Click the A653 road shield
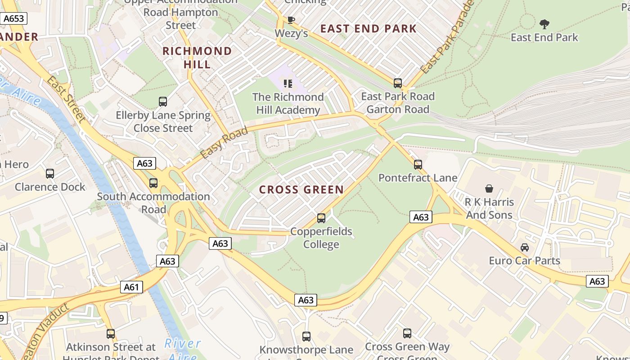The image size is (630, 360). [13, 18]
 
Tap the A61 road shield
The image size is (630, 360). [131, 287]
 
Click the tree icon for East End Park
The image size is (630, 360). [544, 24]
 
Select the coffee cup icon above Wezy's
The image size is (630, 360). [291, 20]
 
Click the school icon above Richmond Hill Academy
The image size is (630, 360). [288, 83]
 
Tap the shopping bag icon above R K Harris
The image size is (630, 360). [489, 189]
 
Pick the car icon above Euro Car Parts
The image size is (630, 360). [525, 247]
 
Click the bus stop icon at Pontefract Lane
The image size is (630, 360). [418, 165]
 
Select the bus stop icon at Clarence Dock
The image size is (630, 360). [50, 174]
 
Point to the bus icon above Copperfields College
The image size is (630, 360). [321, 218]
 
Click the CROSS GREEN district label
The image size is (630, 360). [301, 190]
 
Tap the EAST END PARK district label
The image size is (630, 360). [369, 29]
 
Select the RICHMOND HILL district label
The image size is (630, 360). [197, 58]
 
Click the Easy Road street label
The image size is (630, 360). [224, 143]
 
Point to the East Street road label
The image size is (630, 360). [66, 99]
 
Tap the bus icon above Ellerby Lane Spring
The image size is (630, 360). [163, 102]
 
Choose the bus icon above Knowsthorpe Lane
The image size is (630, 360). [306, 337]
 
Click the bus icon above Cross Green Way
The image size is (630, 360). [407, 333]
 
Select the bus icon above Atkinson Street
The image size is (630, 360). [111, 334]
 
